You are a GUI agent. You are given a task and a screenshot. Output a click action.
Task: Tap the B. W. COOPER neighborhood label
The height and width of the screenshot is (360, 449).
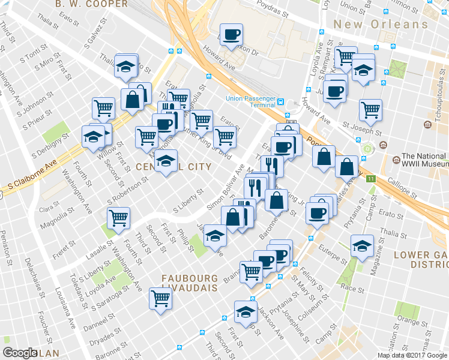91,4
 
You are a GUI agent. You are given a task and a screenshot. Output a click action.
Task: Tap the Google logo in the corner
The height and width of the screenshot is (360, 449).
20,353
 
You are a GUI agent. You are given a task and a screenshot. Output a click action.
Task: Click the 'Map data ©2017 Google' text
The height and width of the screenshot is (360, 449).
412,355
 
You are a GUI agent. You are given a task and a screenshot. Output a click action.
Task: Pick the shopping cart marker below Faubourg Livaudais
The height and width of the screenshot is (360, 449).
160,297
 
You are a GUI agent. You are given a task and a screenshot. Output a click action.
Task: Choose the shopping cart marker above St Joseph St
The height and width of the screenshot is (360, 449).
370,109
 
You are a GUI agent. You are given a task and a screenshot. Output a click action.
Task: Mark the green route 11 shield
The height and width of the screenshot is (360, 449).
371,179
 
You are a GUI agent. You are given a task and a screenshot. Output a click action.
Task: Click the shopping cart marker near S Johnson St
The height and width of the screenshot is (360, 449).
104,108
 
